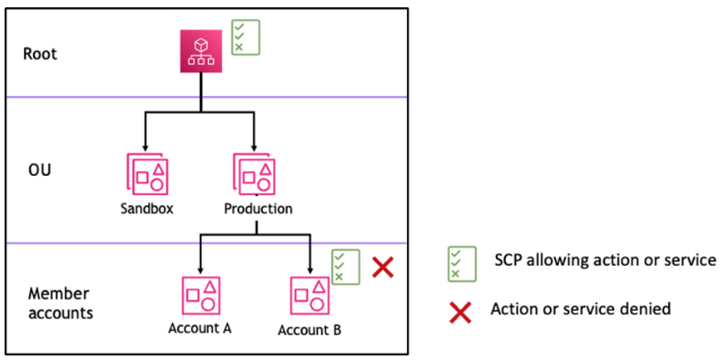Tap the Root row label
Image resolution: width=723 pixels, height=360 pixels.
40,53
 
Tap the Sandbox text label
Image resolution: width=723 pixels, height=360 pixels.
147,208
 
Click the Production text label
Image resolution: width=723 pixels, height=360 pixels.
258,208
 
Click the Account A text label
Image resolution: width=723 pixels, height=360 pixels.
200,329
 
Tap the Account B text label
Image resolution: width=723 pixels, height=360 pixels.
310,330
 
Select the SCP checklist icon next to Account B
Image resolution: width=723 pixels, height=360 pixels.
345,267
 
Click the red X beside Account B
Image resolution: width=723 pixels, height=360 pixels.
383,267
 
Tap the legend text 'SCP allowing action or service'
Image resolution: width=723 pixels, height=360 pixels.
605,260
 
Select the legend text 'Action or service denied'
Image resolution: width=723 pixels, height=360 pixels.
580,309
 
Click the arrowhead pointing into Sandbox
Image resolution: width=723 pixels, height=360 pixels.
147,147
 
